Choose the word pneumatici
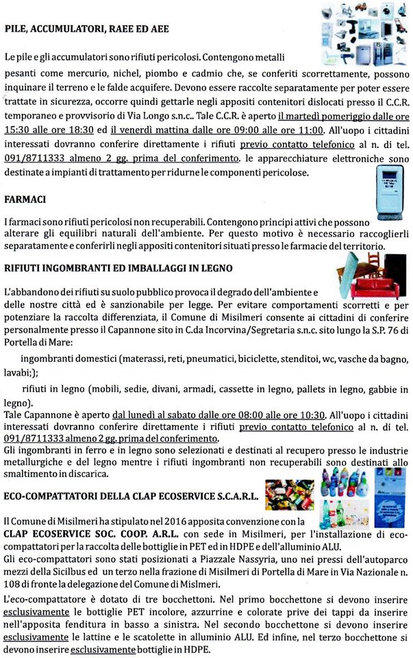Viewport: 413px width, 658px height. (235, 359)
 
